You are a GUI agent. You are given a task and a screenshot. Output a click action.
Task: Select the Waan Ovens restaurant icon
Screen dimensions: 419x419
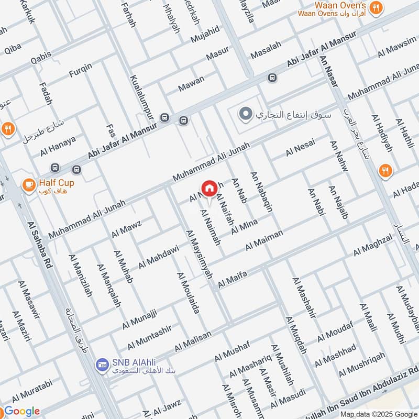click(376, 7)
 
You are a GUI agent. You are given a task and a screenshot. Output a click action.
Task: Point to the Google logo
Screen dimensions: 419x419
click(22, 411)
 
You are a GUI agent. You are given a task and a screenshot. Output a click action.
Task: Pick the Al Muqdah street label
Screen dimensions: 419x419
click(296, 335)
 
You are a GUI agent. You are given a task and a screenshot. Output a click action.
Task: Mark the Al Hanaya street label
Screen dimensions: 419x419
click(58, 146)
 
